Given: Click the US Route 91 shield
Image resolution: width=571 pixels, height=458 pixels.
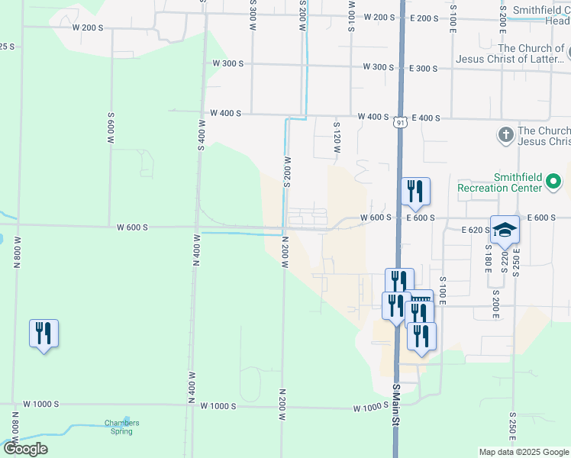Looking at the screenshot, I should (400, 122).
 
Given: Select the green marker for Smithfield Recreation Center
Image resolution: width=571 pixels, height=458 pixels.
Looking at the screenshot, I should (553, 182).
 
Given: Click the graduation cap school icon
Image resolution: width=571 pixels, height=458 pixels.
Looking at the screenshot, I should (505, 229).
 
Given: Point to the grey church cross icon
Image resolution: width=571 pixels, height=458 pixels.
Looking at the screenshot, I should (505, 136).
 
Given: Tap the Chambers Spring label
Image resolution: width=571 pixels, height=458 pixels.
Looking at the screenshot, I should (122, 427).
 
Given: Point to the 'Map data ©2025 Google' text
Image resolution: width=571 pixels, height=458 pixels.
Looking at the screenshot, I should (523, 452).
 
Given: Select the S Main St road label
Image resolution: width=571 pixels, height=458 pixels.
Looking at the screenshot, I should (397, 417).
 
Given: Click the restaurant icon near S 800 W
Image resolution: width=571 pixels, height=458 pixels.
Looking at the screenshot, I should (44, 333).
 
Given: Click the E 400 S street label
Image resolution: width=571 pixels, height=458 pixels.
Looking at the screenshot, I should (426, 118).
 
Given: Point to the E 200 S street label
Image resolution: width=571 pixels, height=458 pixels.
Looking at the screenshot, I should (424, 18).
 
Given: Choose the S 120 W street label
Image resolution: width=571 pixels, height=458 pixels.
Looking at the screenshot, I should (336, 135).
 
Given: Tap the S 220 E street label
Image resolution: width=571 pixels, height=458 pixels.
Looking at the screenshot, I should (505, 260).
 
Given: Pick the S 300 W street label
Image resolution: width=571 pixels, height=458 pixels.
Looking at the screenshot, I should (252, 11).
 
